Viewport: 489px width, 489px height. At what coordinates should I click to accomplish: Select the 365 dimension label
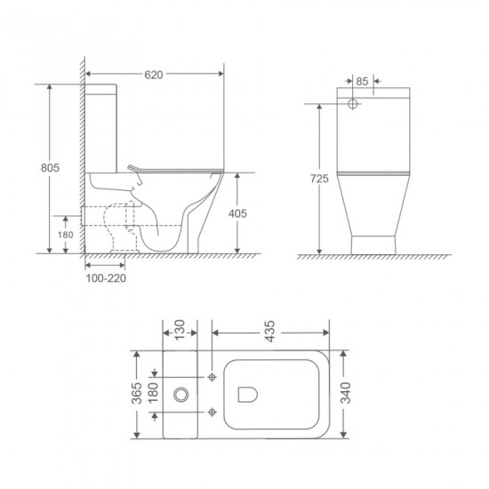(x=136, y=394)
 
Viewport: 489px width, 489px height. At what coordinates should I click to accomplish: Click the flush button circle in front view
(x=353, y=105)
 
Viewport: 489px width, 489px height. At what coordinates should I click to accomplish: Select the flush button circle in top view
(x=183, y=393)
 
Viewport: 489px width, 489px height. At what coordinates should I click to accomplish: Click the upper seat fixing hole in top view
(x=212, y=376)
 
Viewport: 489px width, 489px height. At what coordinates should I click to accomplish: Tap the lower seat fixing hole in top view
(x=212, y=412)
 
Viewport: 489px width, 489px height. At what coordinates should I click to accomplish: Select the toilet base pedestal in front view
(x=374, y=243)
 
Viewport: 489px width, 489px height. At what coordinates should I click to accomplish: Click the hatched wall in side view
(x=81, y=160)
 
